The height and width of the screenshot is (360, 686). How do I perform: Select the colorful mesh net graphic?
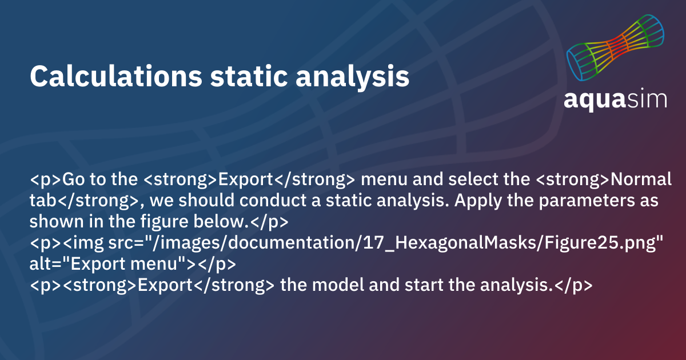(x=615, y=49)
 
